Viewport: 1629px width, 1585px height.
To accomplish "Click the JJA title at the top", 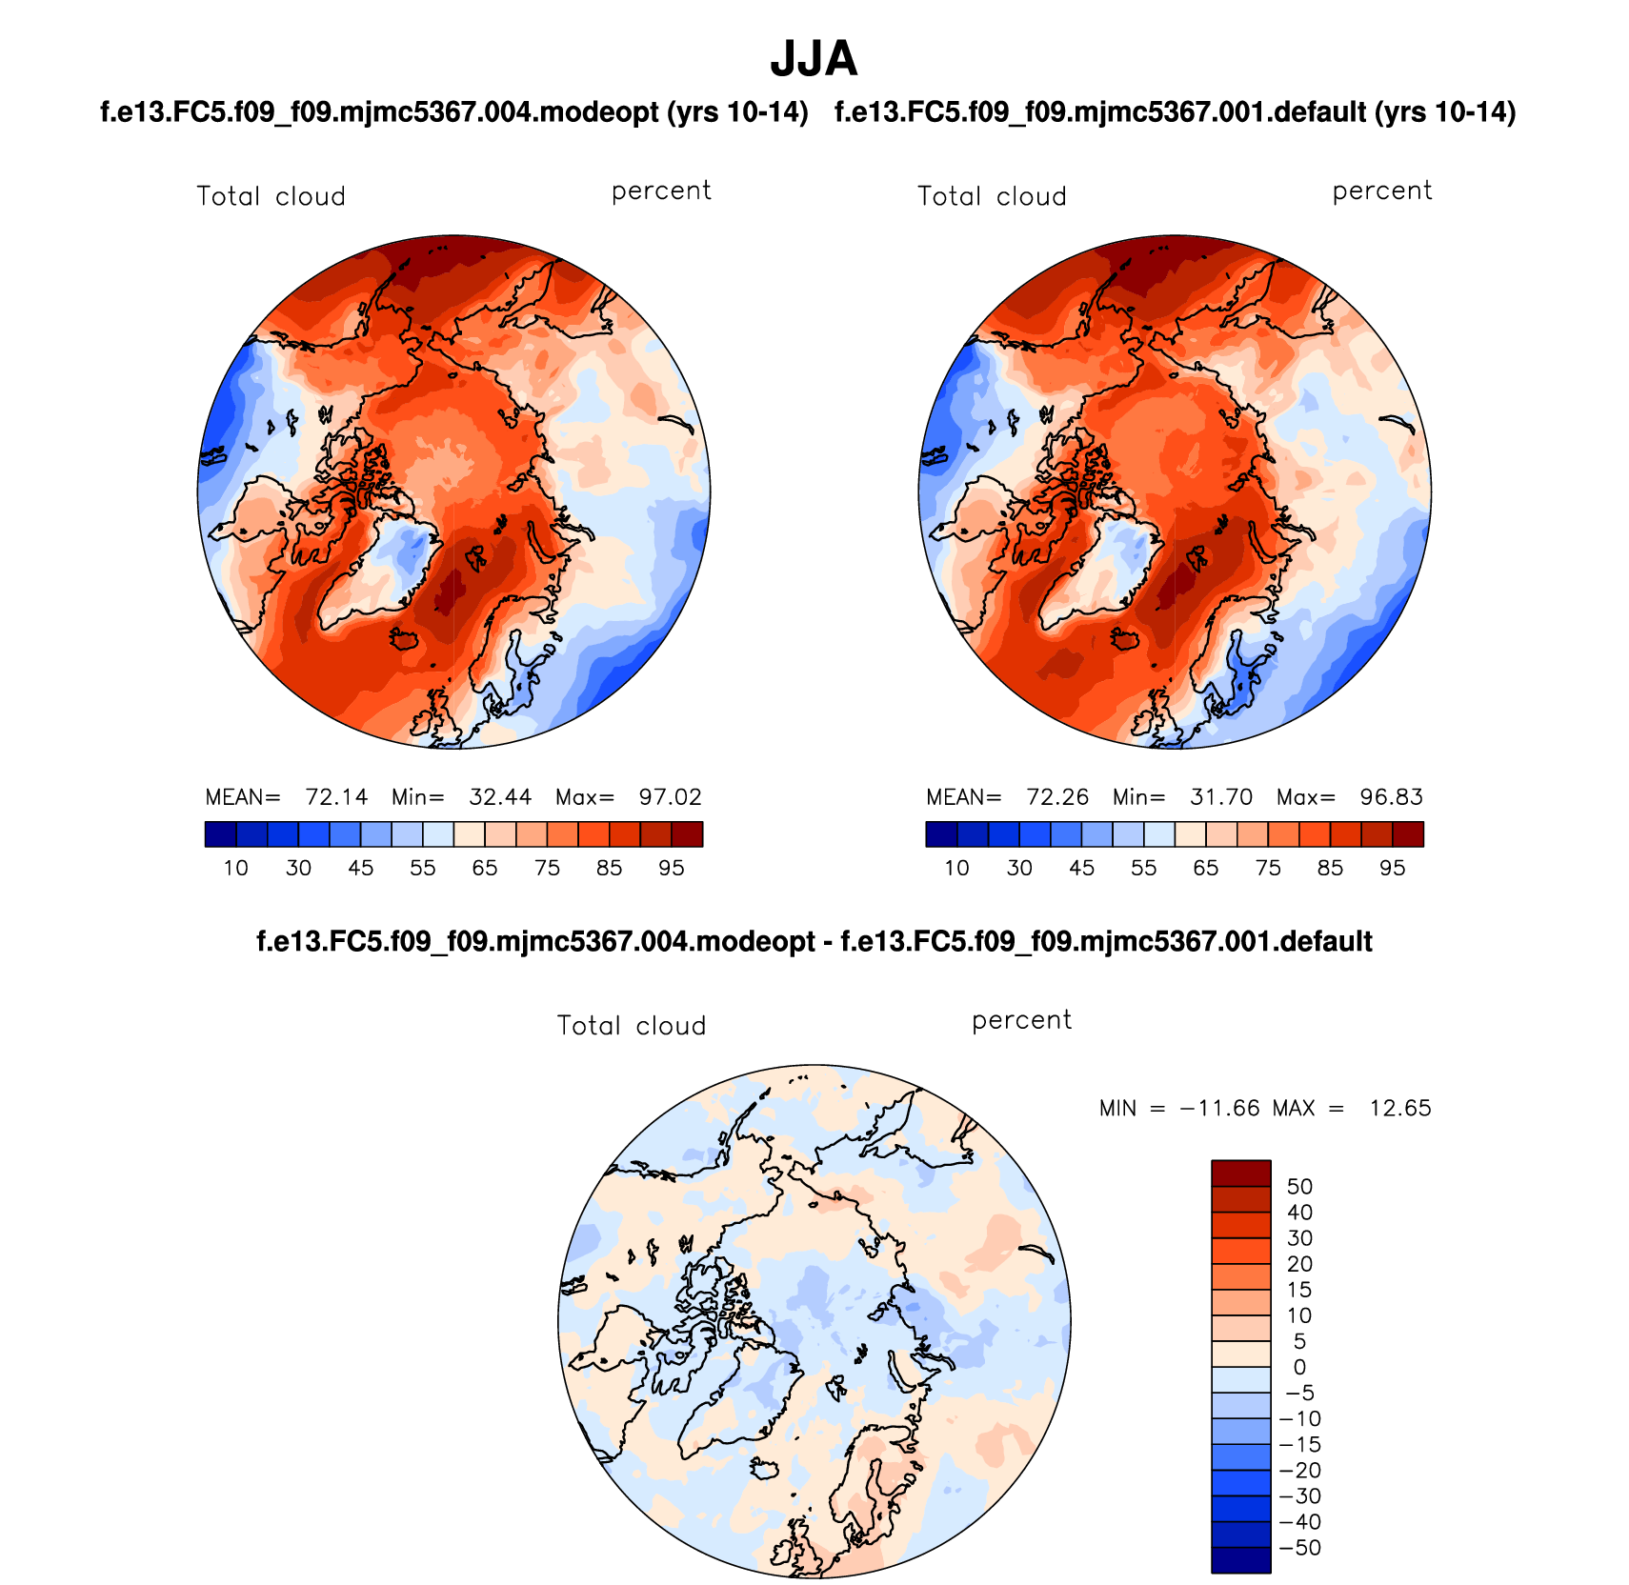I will pos(814,59).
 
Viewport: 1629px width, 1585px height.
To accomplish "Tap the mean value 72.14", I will pos(336,797).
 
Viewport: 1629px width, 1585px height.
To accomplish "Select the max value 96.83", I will pos(1391,797).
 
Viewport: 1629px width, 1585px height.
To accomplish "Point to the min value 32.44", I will pos(500,797).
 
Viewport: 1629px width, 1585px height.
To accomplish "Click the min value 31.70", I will pos(1221,797).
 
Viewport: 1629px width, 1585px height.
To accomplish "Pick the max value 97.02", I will pos(670,797).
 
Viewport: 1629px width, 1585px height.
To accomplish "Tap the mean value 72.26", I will pos(1057,797).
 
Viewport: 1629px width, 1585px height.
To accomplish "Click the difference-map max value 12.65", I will pos(1399,1108).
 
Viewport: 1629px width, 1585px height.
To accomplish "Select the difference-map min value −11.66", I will pos(1219,1108).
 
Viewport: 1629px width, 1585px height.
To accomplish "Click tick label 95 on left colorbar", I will pos(672,868).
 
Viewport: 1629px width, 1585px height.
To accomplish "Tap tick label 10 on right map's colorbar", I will pos(956,868).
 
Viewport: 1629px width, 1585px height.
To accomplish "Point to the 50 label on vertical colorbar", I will pos(1299,1187).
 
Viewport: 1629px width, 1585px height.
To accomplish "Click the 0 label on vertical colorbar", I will pos(1299,1367).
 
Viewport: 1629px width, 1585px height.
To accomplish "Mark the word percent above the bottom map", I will pos(1021,1021).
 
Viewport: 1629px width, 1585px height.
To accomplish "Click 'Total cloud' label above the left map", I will pos(271,196).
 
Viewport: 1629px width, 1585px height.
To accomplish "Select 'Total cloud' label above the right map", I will pos(992,196).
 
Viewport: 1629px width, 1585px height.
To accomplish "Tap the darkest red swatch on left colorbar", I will pos(687,834).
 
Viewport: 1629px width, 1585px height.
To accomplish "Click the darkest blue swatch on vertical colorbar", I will pos(1240,1560).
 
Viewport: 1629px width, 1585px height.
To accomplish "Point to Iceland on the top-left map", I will pos(404,639).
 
